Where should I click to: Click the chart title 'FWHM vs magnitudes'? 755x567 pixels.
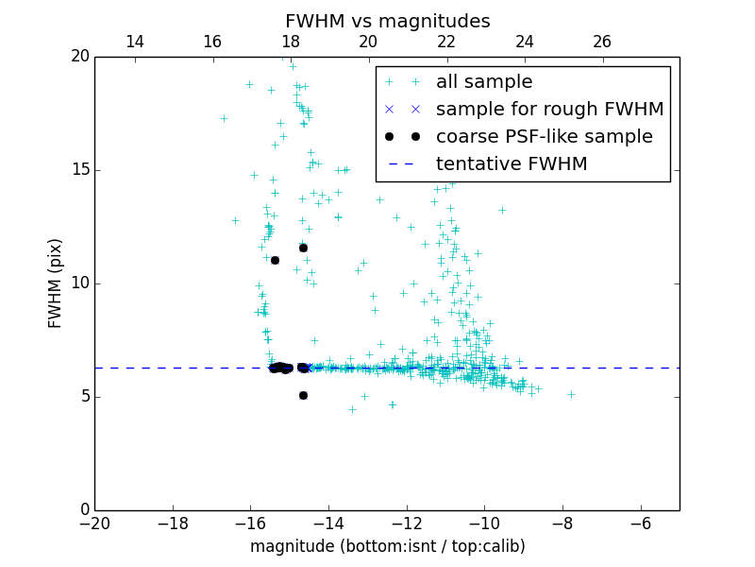tap(387, 21)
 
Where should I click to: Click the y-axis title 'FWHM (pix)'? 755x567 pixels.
tap(56, 283)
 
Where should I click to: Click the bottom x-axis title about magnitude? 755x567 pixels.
tap(387, 546)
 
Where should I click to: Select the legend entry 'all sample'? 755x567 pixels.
tap(484, 82)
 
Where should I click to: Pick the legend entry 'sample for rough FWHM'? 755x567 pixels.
tap(549, 110)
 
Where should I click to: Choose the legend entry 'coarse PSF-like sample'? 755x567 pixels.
tap(544, 137)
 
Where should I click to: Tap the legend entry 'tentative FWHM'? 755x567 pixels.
tap(512, 164)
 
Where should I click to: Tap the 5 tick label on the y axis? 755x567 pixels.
tap(83, 397)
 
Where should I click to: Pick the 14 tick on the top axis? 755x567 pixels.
tap(134, 42)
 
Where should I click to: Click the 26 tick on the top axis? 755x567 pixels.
tap(602, 42)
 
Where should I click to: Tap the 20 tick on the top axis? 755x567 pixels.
tap(368, 42)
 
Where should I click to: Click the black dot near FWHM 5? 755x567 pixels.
tap(303, 395)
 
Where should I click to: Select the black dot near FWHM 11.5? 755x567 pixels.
tap(303, 248)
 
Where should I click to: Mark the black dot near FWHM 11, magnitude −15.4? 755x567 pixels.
tap(275, 260)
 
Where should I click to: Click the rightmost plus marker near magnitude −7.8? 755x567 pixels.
tap(571, 394)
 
